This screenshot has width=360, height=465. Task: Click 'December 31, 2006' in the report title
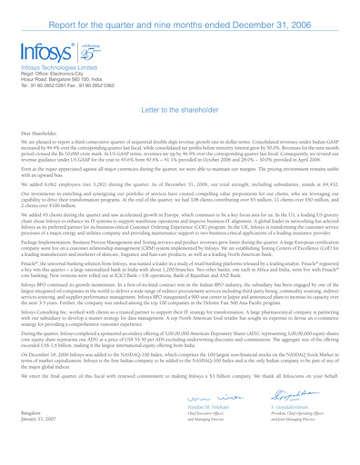click(288, 11)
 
